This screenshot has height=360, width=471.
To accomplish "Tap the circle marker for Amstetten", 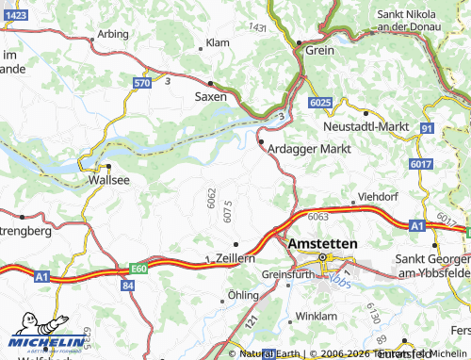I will [x=323, y=256].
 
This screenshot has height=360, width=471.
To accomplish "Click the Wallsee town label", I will [x=106, y=178].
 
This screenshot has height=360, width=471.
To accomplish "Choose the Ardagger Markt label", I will [x=309, y=149].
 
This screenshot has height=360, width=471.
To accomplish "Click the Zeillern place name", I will [x=235, y=257].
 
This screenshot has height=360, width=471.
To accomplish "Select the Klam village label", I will [x=218, y=43].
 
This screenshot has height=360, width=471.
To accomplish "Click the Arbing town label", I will [x=112, y=33].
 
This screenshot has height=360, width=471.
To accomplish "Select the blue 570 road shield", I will [x=141, y=83].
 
